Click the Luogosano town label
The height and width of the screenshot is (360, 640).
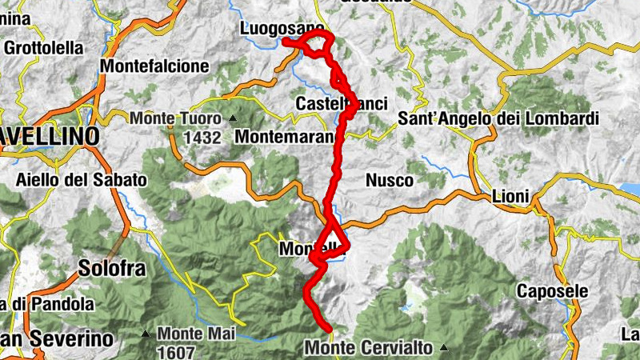(x=282, y=29)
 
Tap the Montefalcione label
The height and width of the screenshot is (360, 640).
(x=155, y=66)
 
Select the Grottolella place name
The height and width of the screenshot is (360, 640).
(x=44, y=47)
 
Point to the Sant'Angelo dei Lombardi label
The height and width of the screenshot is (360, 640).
(x=498, y=119)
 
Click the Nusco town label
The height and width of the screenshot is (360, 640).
(x=390, y=181)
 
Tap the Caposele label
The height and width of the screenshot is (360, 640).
(x=552, y=290)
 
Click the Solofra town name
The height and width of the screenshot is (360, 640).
(x=112, y=268)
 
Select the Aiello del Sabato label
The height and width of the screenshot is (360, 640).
(x=81, y=180)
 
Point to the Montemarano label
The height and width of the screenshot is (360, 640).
(x=284, y=137)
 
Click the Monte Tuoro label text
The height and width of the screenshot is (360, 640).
(x=177, y=118)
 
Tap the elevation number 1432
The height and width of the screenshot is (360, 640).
(x=201, y=138)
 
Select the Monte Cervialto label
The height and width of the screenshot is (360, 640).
(x=369, y=348)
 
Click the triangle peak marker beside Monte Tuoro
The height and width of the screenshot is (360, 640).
(x=233, y=118)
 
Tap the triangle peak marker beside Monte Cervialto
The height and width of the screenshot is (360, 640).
(x=442, y=348)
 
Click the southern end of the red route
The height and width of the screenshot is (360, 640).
(x=329, y=328)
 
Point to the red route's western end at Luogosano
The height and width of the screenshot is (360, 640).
(x=285, y=40)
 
